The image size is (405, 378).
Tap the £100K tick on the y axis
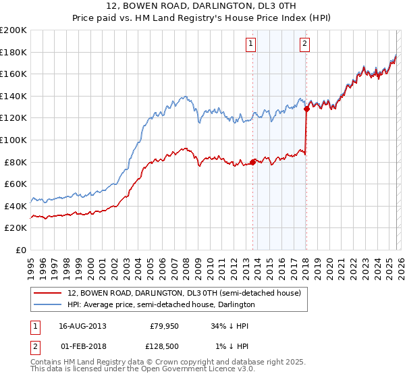(x=14, y=140)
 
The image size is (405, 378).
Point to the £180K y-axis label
(x=14, y=52)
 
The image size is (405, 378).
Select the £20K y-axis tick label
(x=16, y=228)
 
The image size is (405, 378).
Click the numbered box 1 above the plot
(x=250, y=44)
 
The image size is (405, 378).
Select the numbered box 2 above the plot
(x=304, y=44)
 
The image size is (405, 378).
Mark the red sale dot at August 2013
(x=253, y=162)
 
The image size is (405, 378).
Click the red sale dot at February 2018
(x=306, y=108)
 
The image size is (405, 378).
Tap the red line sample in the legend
(x=48, y=293)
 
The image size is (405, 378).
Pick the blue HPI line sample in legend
(x=48, y=304)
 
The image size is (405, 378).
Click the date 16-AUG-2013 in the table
(x=82, y=326)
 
